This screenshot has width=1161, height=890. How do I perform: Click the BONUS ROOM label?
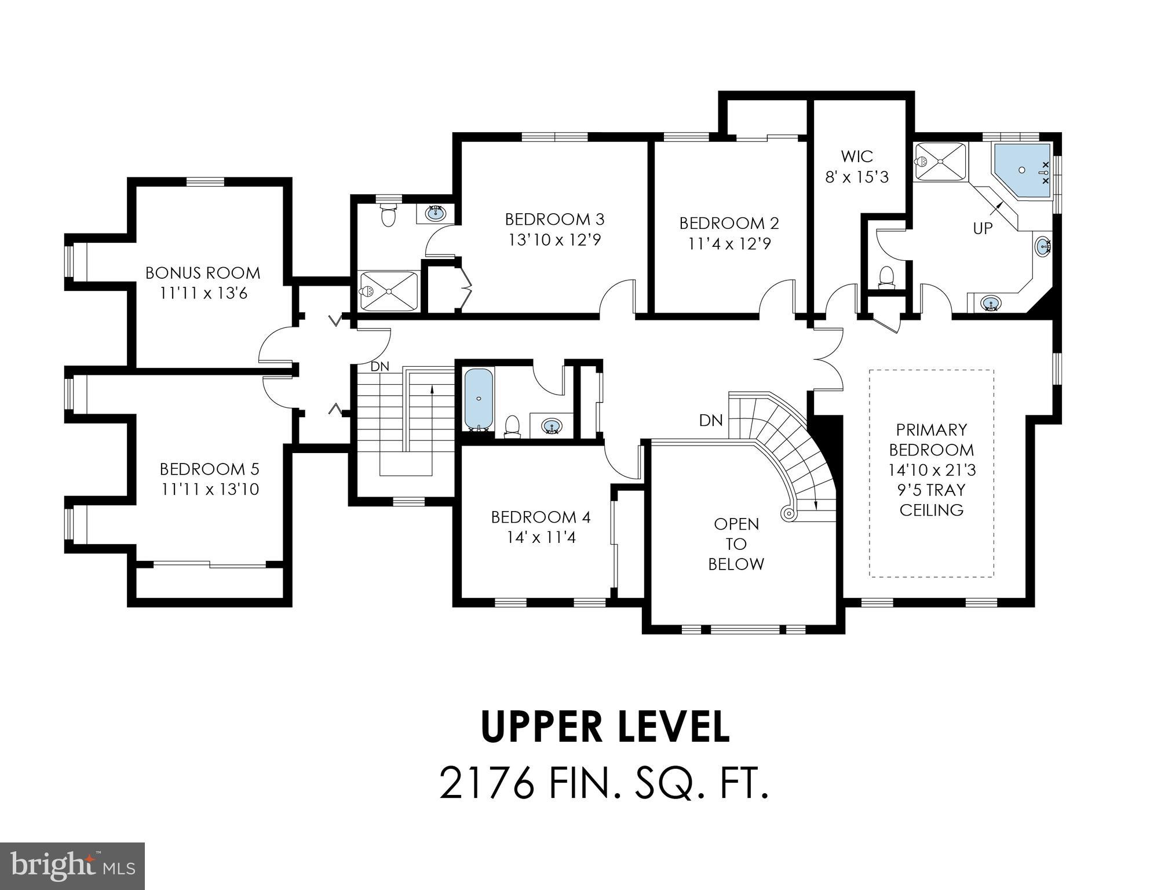click(x=202, y=273)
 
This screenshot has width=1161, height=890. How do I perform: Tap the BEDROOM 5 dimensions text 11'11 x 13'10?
click(x=210, y=490)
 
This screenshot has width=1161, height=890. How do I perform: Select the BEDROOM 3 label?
click(x=554, y=220)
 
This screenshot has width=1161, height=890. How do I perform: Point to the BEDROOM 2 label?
click(x=729, y=223)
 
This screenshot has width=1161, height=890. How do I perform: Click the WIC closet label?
click(x=856, y=156)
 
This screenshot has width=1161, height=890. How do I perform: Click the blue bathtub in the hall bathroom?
click(x=479, y=399)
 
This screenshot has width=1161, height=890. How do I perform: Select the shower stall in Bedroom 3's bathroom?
click(x=388, y=291)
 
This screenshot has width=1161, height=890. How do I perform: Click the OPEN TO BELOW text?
click(x=736, y=544)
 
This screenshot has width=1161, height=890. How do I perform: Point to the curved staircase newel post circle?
click(x=788, y=513)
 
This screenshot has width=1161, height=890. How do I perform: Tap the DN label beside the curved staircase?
click(x=711, y=420)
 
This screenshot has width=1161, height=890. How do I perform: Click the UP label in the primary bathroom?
click(x=983, y=229)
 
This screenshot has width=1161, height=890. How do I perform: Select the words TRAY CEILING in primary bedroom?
click(x=932, y=500)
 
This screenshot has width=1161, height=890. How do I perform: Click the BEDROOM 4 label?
click(x=541, y=517)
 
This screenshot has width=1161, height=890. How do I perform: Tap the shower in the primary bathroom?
click(x=940, y=162)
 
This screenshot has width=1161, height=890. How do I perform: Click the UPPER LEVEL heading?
click(x=605, y=727)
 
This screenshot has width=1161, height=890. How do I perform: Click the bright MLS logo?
click(x=72, y=866)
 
